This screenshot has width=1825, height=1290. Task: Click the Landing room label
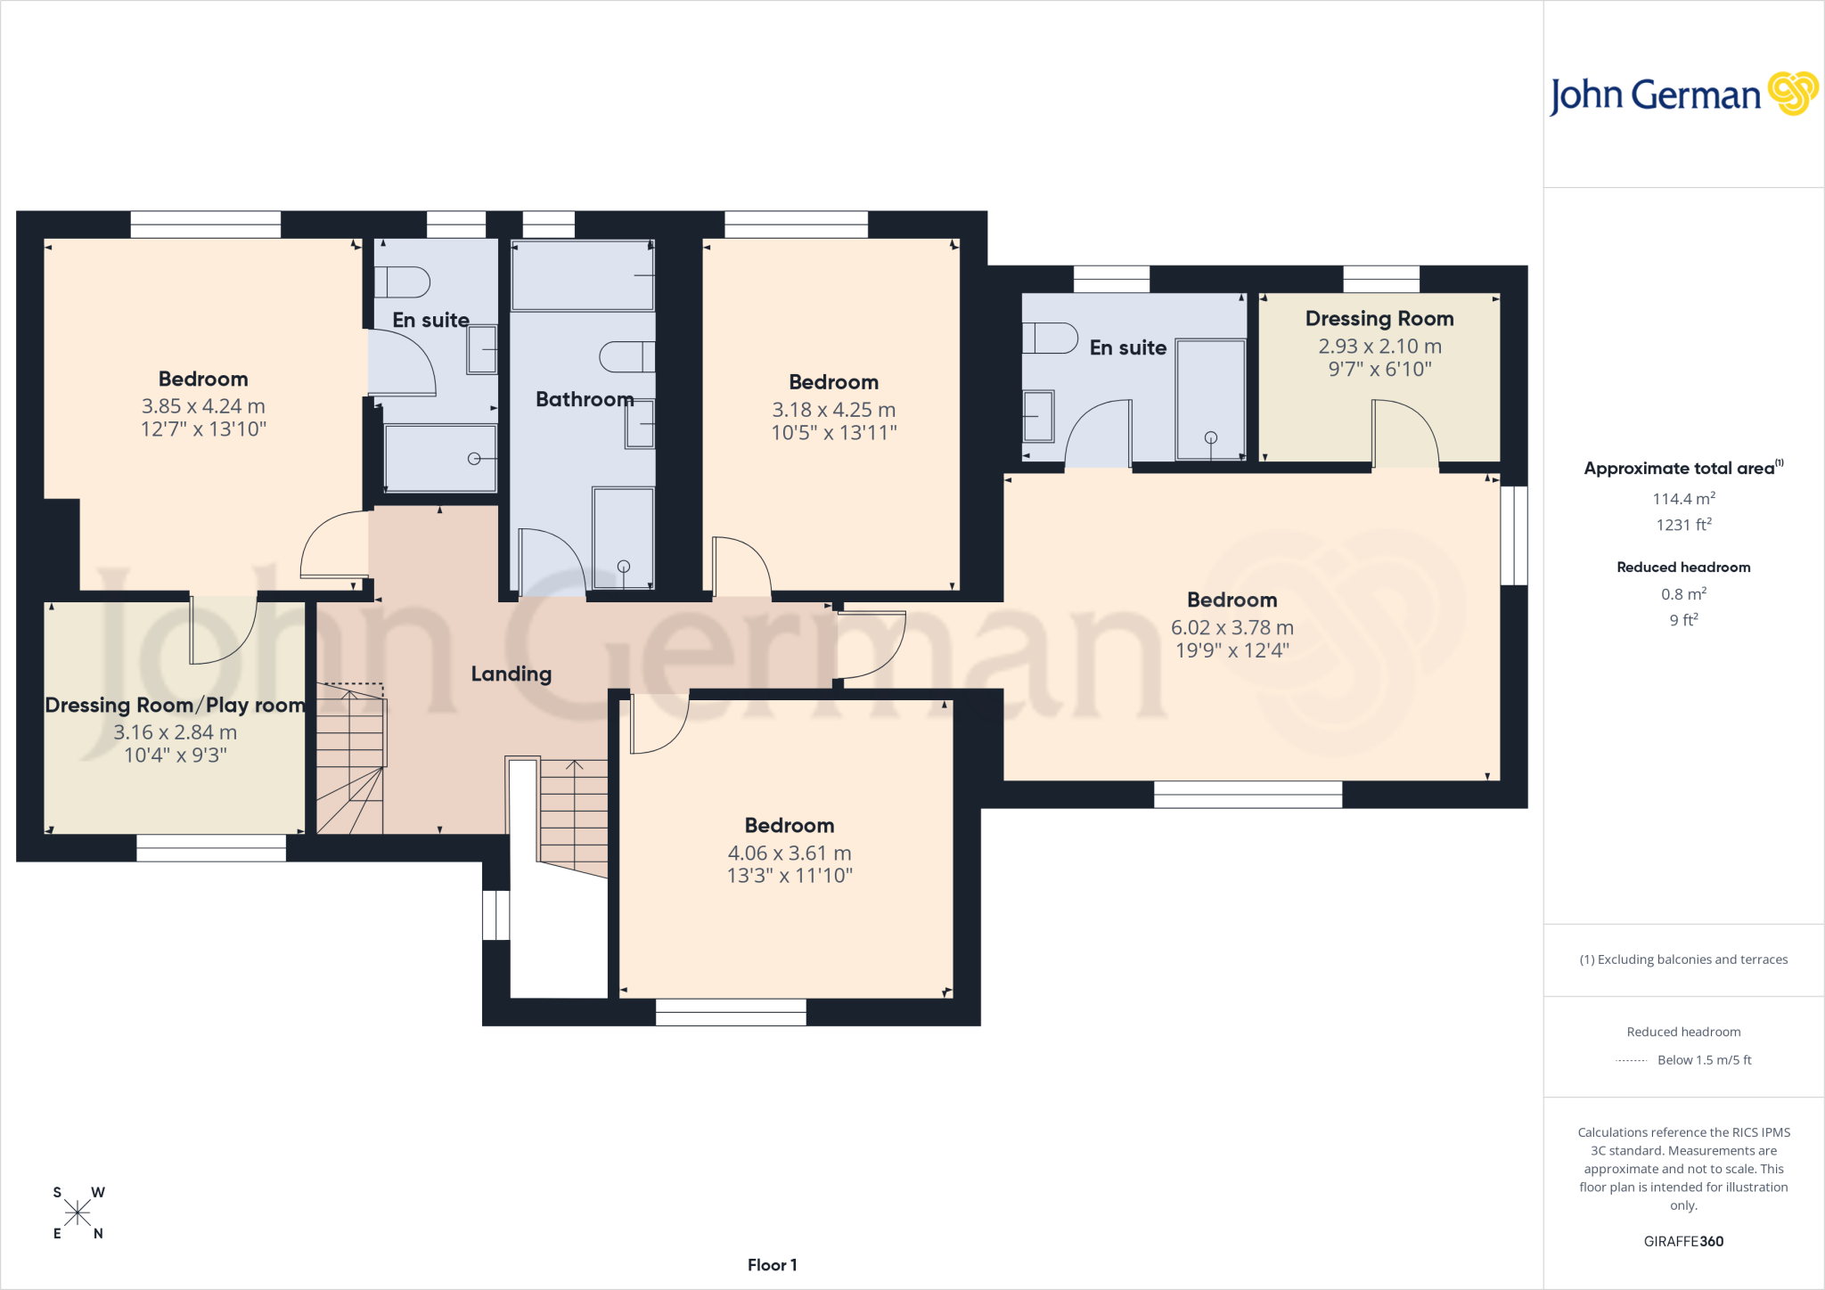[511, 674]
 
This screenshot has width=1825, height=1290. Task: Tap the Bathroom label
[585, 399]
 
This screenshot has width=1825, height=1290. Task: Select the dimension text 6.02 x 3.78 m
[1232, 628]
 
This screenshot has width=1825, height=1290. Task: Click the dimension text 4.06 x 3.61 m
[790, 853]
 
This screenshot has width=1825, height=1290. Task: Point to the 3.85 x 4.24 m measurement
[203, 406]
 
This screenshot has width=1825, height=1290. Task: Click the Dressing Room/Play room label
[176, 706]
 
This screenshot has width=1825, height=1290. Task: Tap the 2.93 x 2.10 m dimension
[1379, 347]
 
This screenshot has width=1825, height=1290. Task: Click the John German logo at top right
[1683, 94]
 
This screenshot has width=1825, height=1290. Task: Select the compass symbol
[78, 1212]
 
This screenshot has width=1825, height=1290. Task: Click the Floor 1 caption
[773, 1265]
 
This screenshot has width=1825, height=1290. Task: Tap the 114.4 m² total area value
[1683, 499]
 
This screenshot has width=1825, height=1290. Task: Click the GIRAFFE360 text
[1683, 1241]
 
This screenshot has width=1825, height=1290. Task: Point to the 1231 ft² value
[1683, 525]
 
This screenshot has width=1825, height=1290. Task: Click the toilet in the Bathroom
[626, 356]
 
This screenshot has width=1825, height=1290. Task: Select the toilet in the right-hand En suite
[1050, 338]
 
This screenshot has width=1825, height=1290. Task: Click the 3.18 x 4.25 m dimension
[834, 410]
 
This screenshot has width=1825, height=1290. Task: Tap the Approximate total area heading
[1683, 468]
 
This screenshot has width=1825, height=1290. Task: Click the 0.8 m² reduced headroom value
[1683, 594]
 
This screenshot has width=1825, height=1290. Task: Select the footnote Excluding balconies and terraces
[1683, 959]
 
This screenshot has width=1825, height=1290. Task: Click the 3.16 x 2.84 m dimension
[176, 732]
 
